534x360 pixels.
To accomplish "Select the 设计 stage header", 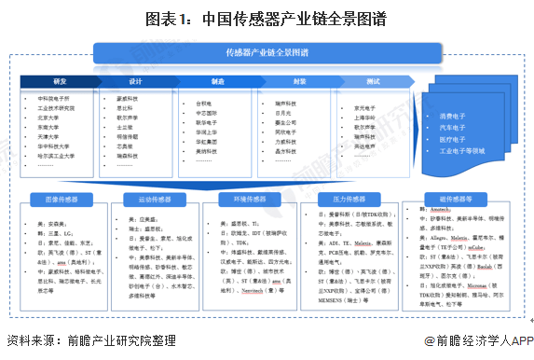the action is click(137, 82).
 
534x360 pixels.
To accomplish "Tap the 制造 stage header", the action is click(217, 82).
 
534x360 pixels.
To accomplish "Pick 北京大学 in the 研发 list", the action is click(48, 118).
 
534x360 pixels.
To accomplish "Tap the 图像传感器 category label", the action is click(58, 199).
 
